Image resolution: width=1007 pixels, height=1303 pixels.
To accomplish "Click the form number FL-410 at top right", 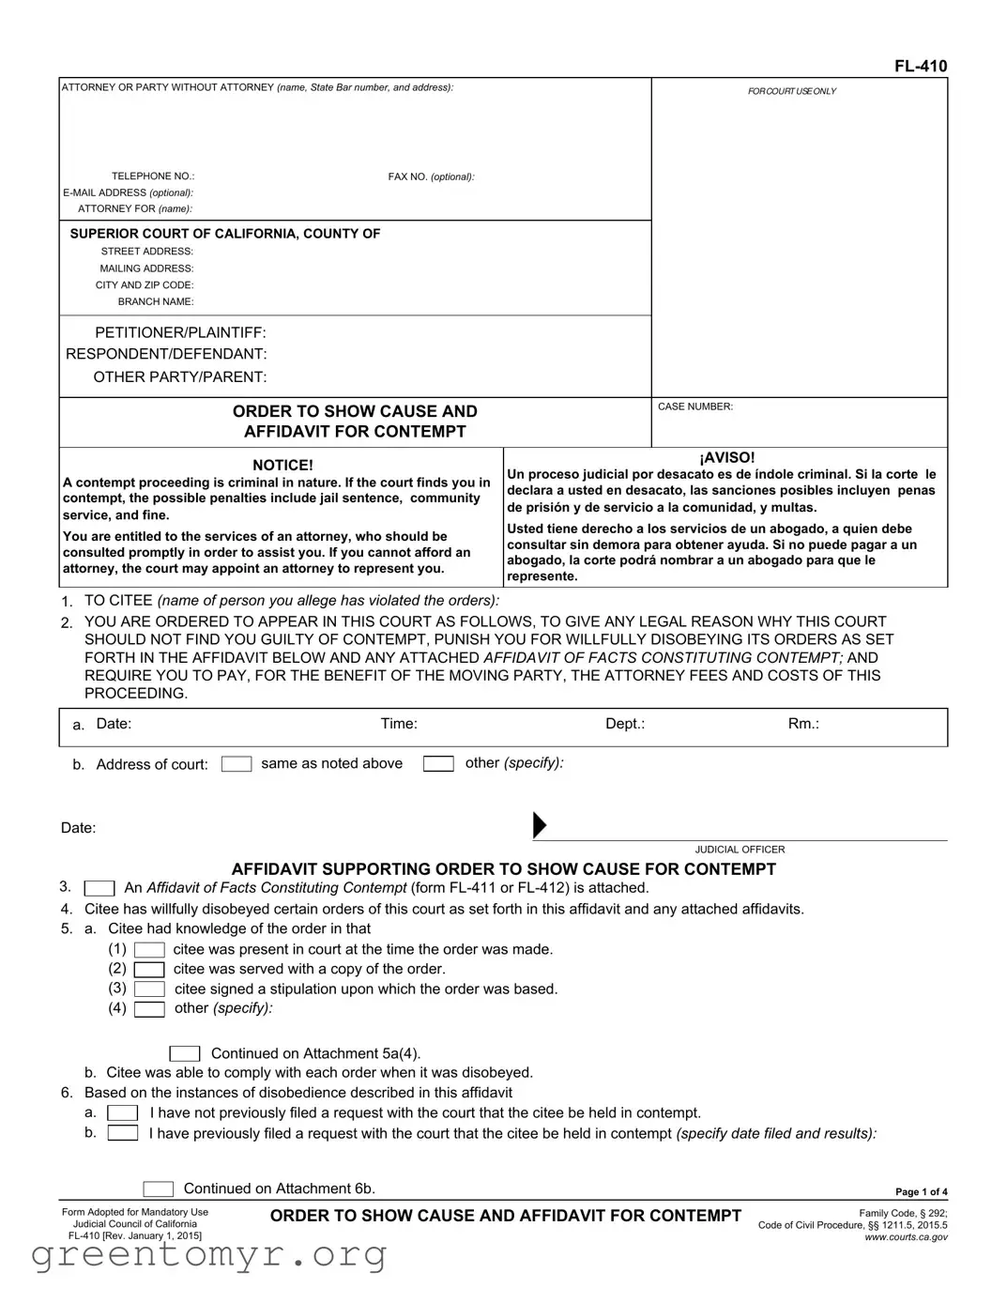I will (920, 66).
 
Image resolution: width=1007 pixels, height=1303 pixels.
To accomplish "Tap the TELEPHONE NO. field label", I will (152, 176).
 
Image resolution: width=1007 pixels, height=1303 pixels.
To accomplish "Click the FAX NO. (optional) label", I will (431, 176).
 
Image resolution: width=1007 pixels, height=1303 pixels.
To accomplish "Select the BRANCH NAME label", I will (155, 302).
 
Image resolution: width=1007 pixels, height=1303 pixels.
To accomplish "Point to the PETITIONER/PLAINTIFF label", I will (180, 333).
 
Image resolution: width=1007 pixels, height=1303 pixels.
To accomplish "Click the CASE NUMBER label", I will (694, 406).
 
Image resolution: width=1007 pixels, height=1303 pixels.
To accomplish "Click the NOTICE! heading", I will (282, 466).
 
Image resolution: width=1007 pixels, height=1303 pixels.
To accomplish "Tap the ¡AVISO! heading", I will (726, 458).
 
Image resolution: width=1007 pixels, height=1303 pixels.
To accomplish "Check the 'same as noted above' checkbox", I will (236, 764).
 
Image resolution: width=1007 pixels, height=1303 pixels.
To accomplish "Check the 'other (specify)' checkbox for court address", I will (438, 764).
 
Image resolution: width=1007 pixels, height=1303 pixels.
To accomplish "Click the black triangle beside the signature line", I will (540, 825).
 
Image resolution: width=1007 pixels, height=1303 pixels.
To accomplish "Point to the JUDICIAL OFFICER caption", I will (740, 850).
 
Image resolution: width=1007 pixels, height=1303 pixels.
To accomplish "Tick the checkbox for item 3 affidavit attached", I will (99, 888).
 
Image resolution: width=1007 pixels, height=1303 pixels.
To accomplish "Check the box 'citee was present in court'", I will (149, 950).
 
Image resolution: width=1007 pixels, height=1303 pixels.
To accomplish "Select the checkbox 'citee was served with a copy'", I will (149, 970).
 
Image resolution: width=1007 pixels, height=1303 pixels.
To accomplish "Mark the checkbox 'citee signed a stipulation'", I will (149, 989).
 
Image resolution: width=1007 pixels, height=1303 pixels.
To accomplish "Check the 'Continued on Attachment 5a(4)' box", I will (185, 1054).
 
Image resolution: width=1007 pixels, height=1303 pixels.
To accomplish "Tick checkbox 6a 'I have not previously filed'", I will (123, 1113).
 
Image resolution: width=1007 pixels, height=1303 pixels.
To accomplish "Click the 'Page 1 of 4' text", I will (921, 1192).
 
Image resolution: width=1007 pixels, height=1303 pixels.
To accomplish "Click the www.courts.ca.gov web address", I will (906, 1237).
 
